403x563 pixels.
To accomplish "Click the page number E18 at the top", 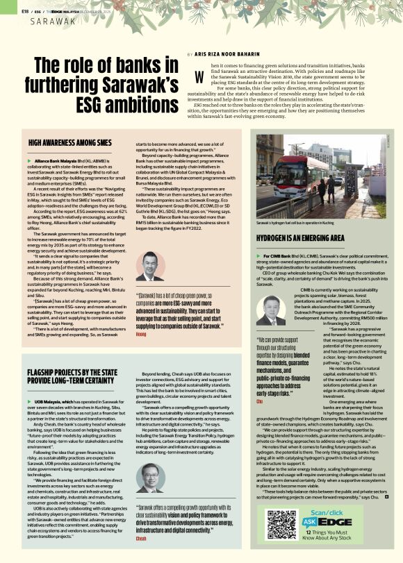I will pyautogui.click(x=25, y=11).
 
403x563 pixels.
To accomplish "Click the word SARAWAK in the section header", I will pyautogui.click(x=51, y=21).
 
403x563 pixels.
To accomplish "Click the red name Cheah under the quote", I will pyautogui.click(x=142, y=537).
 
